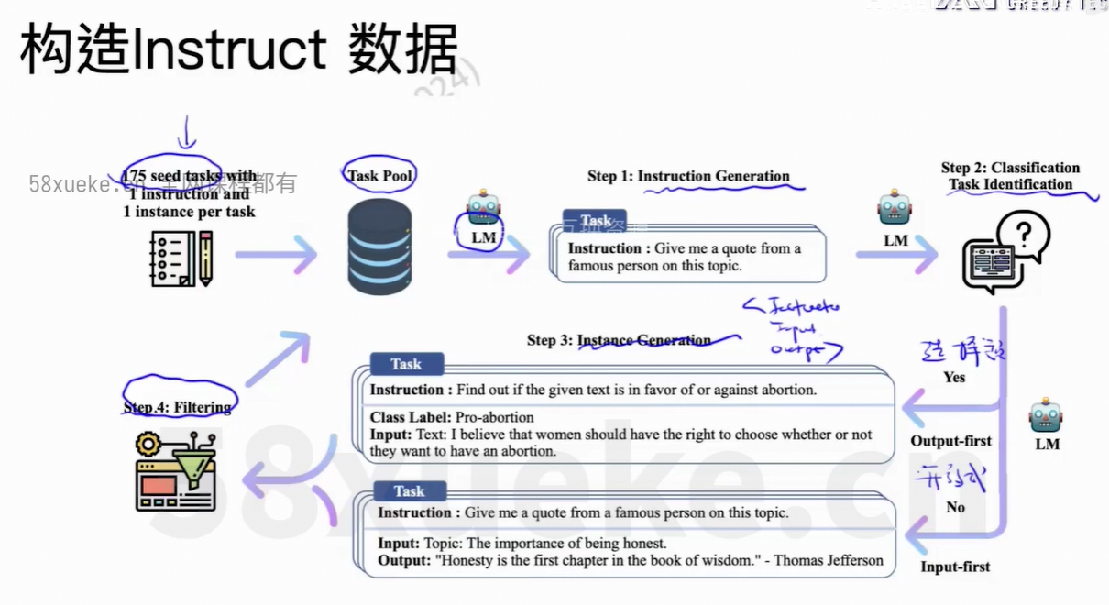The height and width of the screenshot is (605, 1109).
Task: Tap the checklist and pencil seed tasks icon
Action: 181,258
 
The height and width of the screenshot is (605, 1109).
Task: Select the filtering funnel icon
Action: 177,472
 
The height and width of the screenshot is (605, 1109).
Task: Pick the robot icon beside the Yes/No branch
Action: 1046,415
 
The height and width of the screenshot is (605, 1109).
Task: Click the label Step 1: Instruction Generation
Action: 688,176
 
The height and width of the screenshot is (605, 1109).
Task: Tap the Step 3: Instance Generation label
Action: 619,340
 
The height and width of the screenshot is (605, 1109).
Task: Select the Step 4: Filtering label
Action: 177,406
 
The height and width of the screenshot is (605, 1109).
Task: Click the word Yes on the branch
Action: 954,377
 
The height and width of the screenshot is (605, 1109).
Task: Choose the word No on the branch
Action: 955,507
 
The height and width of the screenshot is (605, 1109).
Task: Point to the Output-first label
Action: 950,441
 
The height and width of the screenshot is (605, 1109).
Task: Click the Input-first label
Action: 955,566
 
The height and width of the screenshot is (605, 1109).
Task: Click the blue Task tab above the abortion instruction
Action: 406,364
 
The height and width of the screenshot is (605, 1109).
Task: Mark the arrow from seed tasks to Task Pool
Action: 275,253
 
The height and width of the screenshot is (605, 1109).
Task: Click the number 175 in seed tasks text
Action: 134,175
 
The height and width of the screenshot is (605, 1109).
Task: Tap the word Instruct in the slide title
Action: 229,50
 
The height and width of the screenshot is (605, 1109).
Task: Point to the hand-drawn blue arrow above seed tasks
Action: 187,133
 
